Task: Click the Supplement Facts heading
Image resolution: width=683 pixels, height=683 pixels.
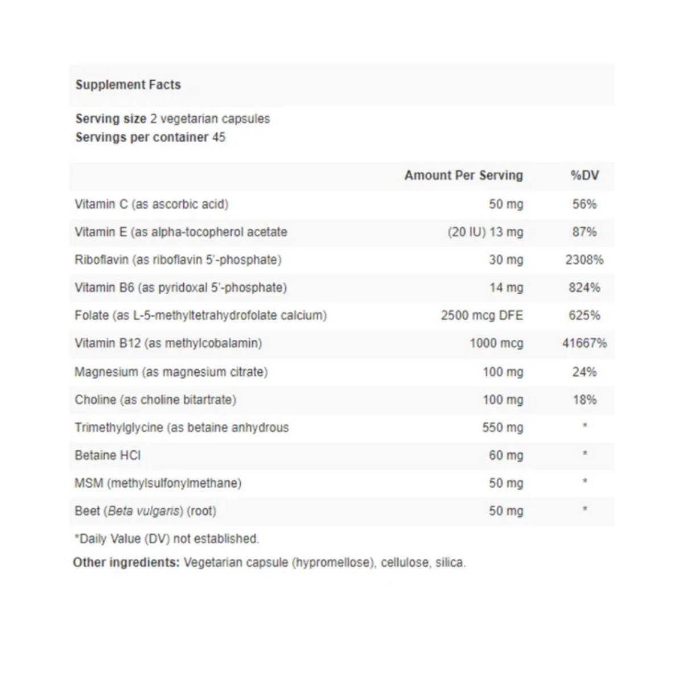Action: tap(128, 85)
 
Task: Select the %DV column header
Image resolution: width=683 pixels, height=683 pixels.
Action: tap(585, 175)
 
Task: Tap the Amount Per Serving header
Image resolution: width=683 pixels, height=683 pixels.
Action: tap(463, 175)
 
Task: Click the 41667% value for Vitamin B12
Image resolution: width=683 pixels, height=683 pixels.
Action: tap(585, 343)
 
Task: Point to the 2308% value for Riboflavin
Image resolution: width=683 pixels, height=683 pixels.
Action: tap(585, 260)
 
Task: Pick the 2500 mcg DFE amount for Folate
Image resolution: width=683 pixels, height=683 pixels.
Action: tap(482, 315)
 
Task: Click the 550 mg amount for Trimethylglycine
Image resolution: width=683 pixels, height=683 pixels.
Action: tap(503, 427)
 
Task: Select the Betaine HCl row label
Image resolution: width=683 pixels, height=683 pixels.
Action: tap(108, 455)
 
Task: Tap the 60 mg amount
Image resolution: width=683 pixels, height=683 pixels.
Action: tap(506, 455)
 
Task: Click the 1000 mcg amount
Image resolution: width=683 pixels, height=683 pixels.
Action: tap(496, 343)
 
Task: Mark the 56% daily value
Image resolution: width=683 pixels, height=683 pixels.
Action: tap(585, 204)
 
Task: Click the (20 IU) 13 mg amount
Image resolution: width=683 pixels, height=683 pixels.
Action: tap(485, 232)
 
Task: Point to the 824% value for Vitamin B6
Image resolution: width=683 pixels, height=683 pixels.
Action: tap(585, 288)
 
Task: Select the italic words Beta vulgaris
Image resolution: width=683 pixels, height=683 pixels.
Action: tap(145, 511)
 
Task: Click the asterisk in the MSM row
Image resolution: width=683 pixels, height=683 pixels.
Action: tap(585, 482)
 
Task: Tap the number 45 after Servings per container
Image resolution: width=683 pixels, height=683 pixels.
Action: tap(219, 137)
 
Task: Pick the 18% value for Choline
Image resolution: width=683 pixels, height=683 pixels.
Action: tap(585, 400)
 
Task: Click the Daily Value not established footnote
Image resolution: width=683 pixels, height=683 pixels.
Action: tap(167, 538)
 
